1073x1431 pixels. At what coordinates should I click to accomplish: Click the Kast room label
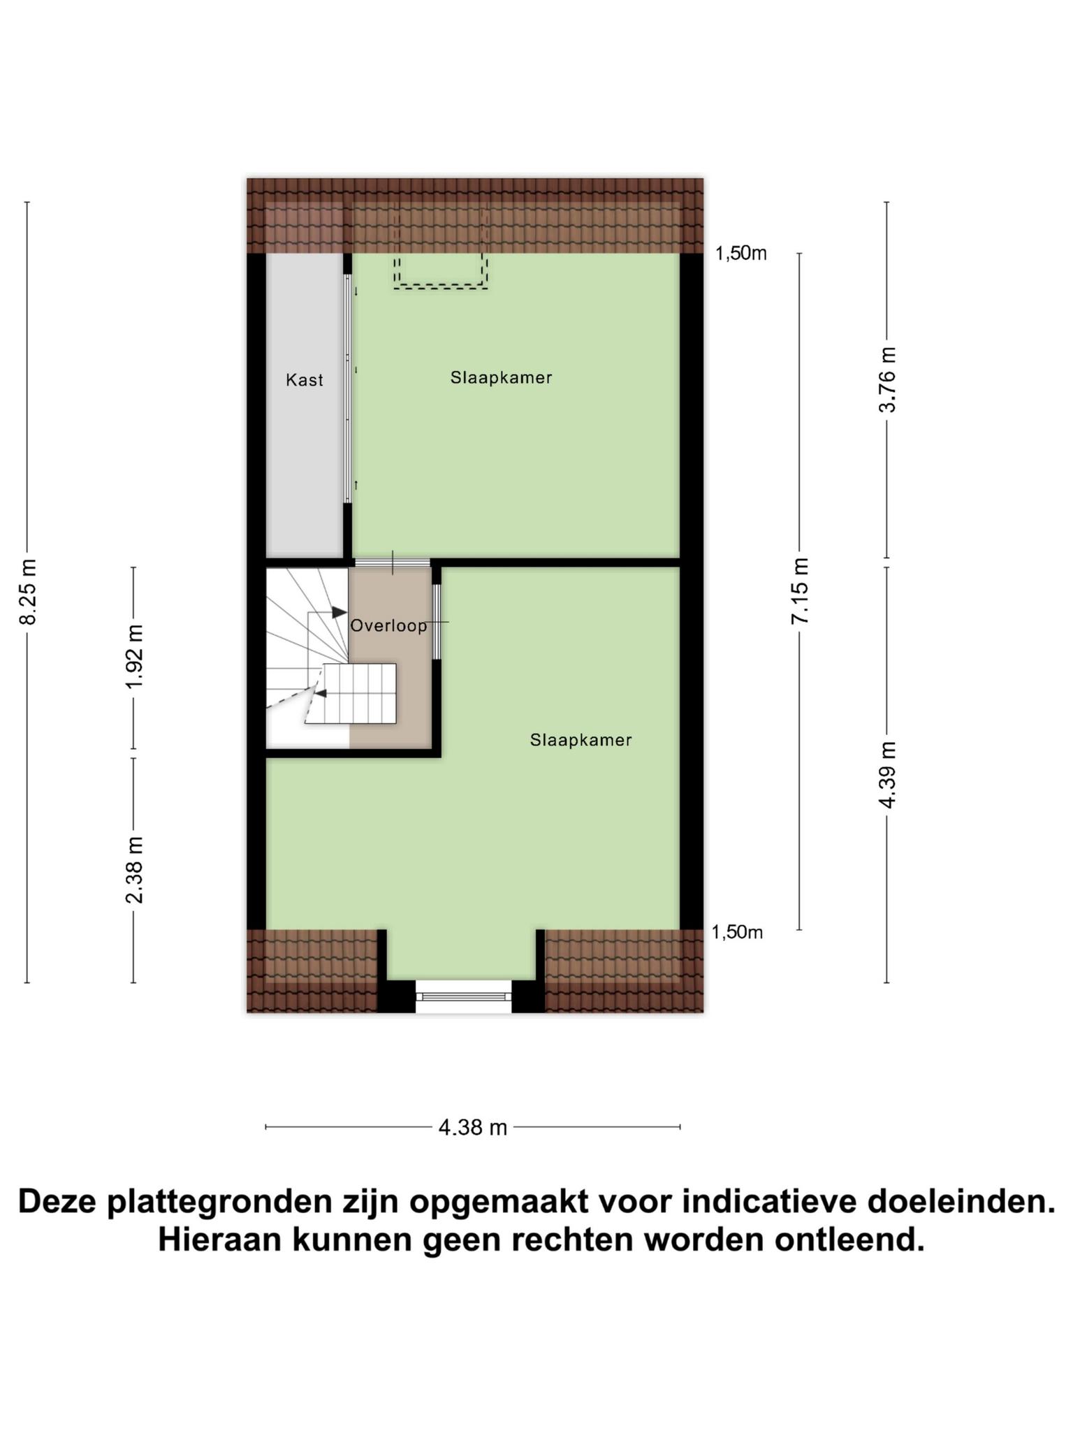305,380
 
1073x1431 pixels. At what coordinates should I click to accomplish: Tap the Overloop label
388,625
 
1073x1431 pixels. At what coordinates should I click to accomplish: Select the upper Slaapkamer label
501,378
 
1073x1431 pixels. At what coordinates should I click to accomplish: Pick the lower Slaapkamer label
581,740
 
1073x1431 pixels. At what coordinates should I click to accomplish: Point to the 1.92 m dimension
134,656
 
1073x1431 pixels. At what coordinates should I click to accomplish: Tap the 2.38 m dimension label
134,870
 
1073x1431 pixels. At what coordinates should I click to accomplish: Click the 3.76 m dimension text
887,379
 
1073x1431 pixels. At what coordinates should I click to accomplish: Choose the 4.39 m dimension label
887,775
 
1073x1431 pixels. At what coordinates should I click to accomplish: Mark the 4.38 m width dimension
473,1127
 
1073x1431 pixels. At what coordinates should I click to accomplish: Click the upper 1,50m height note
740,254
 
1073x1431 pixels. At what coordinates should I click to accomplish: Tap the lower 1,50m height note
737,932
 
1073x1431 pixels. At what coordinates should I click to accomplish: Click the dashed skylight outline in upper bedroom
440,286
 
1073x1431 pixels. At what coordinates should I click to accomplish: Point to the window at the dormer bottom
464,996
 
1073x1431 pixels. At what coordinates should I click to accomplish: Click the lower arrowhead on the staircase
321,693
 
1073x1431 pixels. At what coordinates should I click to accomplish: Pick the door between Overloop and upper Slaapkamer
393,562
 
